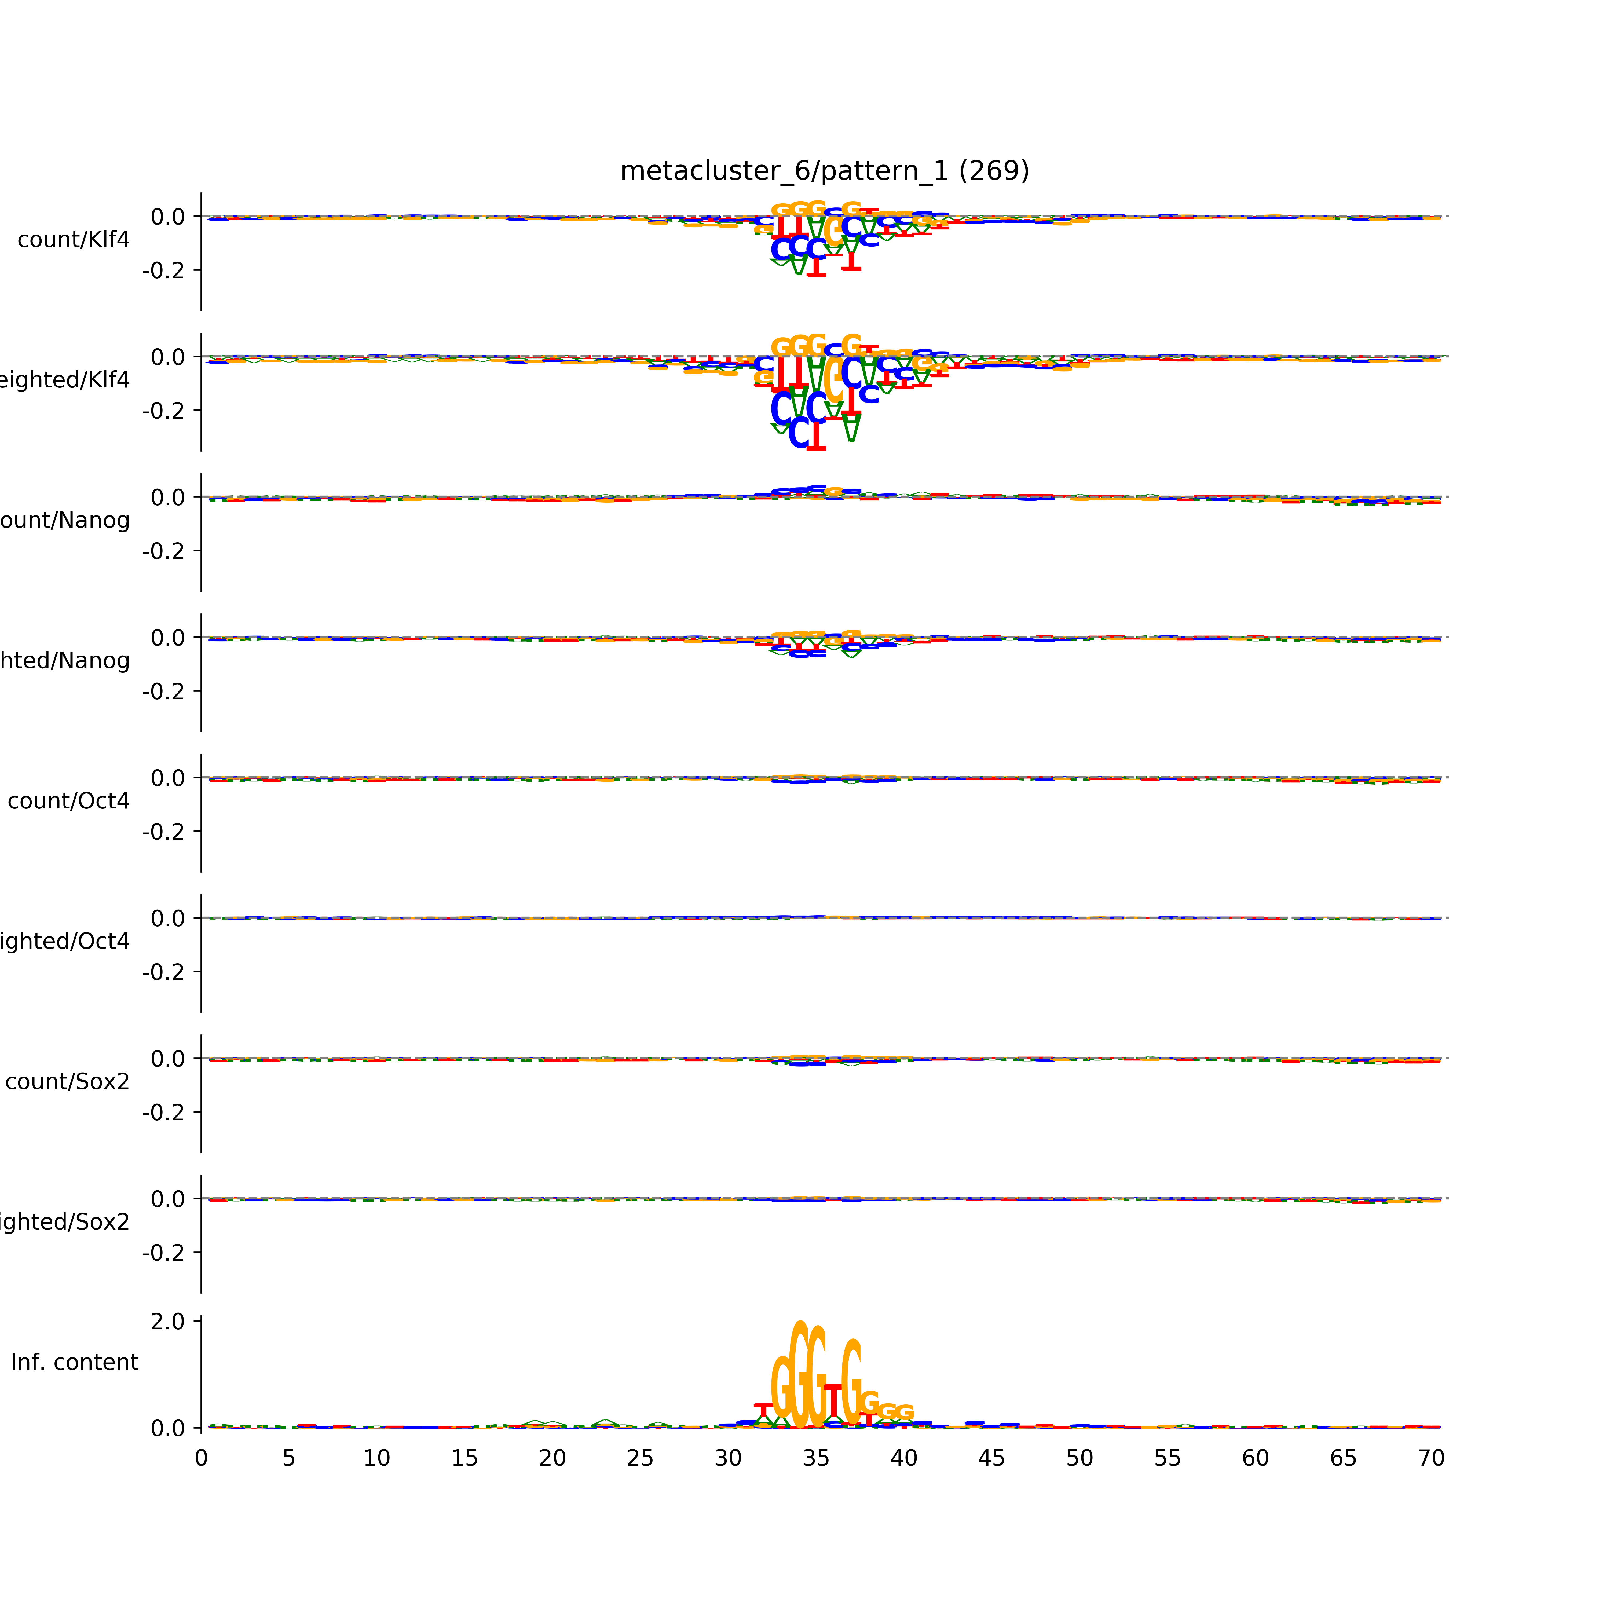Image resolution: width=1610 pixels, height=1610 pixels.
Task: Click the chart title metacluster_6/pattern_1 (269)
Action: pos(824,171)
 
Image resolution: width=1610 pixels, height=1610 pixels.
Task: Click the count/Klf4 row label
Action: pos(73,240)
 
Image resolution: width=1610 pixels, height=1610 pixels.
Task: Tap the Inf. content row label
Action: pos(74,1363)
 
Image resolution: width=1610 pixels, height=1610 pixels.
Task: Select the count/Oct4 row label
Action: pos(68,802)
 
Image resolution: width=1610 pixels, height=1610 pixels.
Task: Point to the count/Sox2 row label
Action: pos(68,1082)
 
